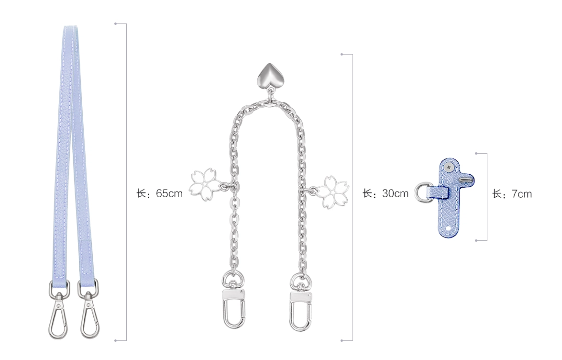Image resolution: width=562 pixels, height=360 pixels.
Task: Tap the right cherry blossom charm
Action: pos(332,191)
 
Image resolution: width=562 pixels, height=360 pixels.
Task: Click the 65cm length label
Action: pos(159,193)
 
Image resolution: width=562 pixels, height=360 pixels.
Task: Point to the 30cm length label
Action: pos(386,193)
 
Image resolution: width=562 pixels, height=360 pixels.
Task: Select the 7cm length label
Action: pos(512,194)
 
